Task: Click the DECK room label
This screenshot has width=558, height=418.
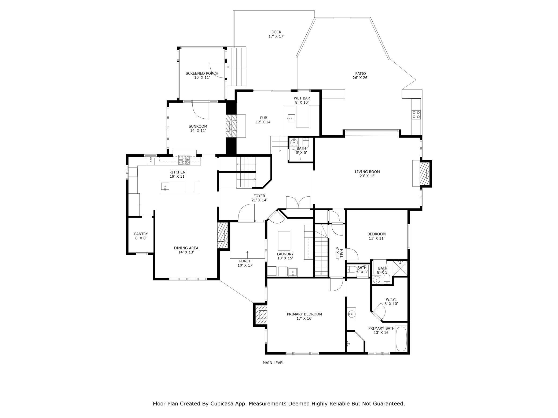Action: [x=276, y=32]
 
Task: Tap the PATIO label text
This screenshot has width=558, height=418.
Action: [x=361, y=73]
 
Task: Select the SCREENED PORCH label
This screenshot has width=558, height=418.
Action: [x=202, y=73]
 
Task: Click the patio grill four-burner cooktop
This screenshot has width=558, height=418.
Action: [x=416, y=115]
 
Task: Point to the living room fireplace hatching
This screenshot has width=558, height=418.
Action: [x=424, y=174]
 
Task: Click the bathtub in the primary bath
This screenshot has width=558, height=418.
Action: [x=401, y=339]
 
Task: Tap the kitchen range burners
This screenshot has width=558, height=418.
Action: [x=184, y=160]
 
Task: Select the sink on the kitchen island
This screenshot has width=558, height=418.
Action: [x=165, y=186]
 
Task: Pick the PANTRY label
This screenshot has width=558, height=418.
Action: [x=141, y=234]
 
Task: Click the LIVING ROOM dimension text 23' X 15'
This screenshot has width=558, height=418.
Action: [x=367, y=176]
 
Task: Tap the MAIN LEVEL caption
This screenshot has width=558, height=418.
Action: [x=273, y=363]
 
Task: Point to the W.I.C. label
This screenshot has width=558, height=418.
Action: [x=391, y=300]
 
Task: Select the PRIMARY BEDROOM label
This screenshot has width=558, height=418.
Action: [x=304, y=314]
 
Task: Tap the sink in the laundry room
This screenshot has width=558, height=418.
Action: [x=293, y=272]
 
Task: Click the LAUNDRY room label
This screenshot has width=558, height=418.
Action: [x=285, y=254]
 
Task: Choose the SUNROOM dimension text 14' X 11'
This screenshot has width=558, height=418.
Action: [x=198, y=131]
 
